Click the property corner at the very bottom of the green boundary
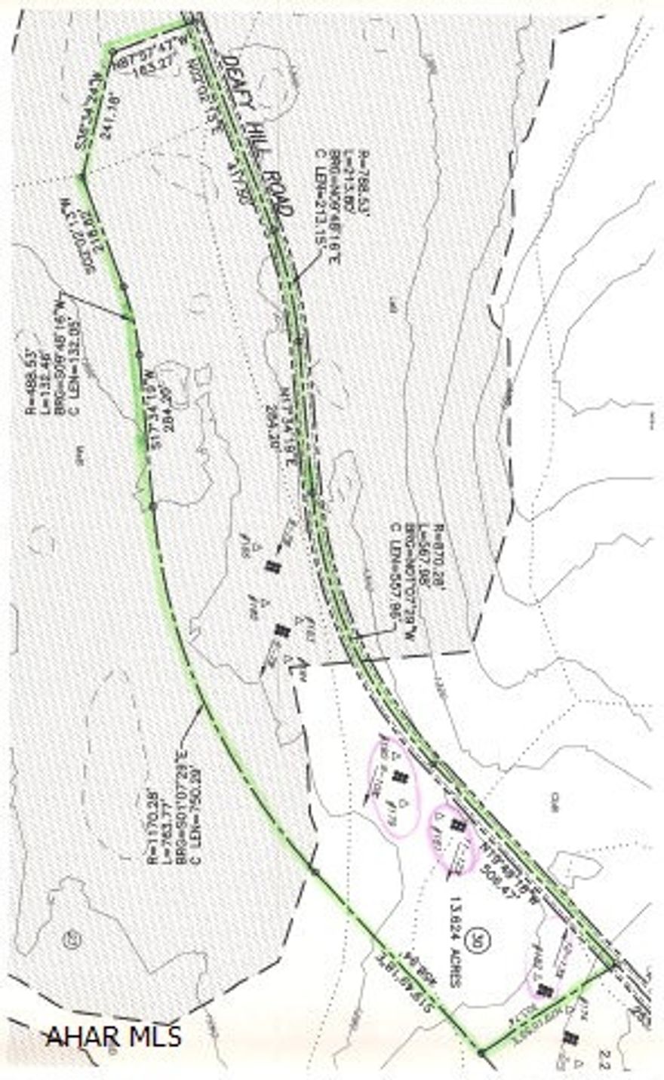click(481, 1051)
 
